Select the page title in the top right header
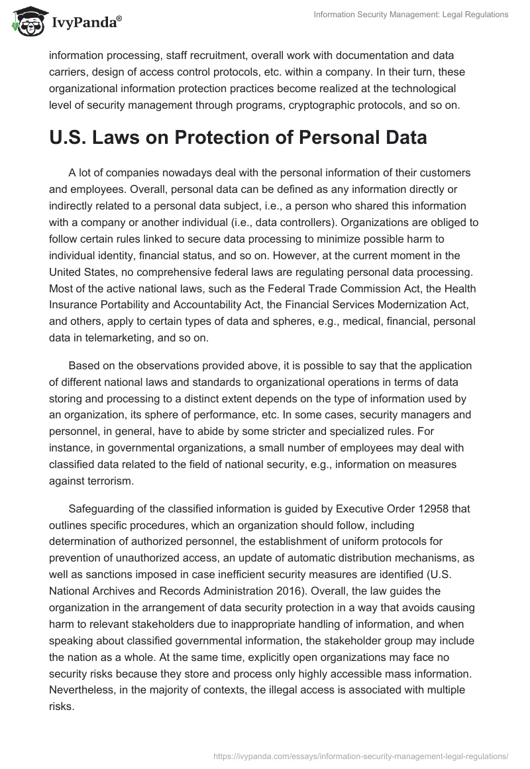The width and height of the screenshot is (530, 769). point(410,15)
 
